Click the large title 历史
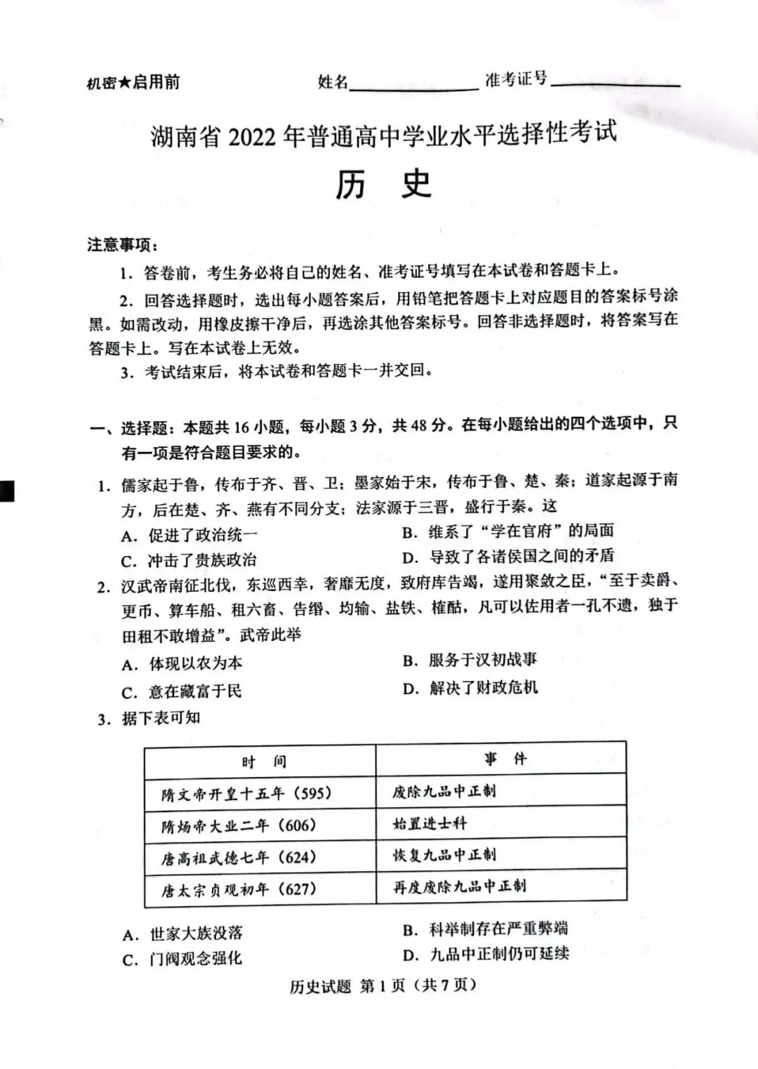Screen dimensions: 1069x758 (383, 185)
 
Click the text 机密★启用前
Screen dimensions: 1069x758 (133, 83)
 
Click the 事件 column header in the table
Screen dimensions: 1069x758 (505, 759)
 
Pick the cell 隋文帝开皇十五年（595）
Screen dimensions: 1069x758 (246, 794)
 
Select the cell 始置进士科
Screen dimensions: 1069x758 (430, 823)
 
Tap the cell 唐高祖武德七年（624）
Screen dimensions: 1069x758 (239, 858)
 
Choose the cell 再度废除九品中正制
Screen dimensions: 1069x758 (459, 886)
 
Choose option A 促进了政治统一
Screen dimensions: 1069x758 (189, 536)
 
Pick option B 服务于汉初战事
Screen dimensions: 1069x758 (470, 660)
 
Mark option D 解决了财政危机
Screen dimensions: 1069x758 (470, 688)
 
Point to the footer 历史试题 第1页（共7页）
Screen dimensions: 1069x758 (383, 985)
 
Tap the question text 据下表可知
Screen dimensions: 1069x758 (160, 718)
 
